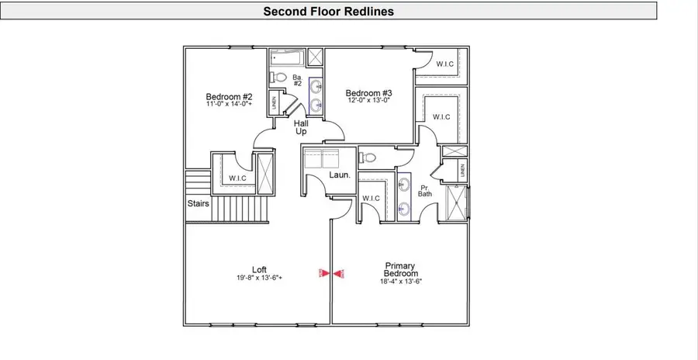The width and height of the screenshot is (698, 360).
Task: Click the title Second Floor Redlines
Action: click(x=328, y=11)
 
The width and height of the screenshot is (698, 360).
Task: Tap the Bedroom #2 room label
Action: click(x=224, y=97)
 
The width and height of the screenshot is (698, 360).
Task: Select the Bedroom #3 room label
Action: click(x=368, y=93)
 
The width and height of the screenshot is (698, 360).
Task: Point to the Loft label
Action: click(x=259, y=270)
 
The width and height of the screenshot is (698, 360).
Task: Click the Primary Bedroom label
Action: click(x=401, y=269)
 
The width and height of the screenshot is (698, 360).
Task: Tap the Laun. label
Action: click(x=340, y=175)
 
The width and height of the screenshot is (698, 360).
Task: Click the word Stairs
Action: click(x=198, y=204)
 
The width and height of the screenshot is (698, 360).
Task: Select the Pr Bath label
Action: click(x=425, y=191)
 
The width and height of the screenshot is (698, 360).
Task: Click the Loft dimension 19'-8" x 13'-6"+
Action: click(x=259, y=279)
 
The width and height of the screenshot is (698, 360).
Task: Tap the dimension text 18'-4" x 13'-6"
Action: click(x=401, y=282)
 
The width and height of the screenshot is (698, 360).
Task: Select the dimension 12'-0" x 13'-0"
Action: click(x=368, y=100)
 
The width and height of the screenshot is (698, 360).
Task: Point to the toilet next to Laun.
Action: click(x=369, y=157)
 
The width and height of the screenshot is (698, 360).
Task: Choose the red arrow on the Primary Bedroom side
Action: click(x=339, y=273)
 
